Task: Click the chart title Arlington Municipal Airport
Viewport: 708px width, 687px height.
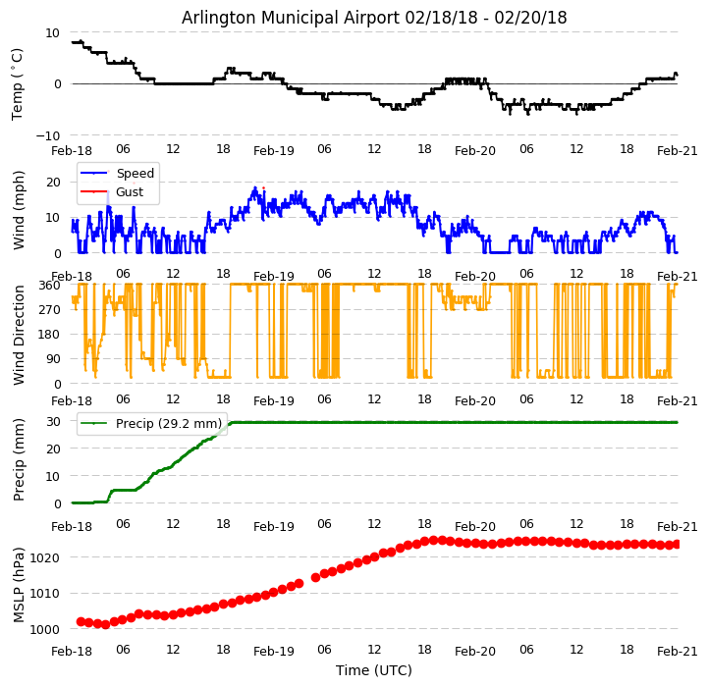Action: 374,18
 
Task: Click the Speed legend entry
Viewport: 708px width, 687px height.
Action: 135,174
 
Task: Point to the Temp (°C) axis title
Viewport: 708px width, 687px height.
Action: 19,83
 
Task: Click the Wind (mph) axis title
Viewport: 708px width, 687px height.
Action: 19,209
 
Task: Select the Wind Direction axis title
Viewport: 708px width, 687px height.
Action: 19,334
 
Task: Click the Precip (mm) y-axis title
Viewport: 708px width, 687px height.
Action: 19,459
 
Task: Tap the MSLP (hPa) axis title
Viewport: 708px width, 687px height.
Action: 19,584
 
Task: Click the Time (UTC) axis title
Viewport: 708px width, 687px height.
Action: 374,670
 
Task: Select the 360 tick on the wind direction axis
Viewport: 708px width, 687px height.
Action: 49,285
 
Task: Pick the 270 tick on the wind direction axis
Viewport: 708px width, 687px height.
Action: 49,310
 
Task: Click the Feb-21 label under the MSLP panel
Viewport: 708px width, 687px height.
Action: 678,651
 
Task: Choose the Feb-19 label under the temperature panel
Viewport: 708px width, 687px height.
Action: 274,151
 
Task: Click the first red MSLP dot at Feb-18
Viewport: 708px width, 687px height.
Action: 81,621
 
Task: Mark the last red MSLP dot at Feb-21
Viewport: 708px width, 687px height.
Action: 677,544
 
